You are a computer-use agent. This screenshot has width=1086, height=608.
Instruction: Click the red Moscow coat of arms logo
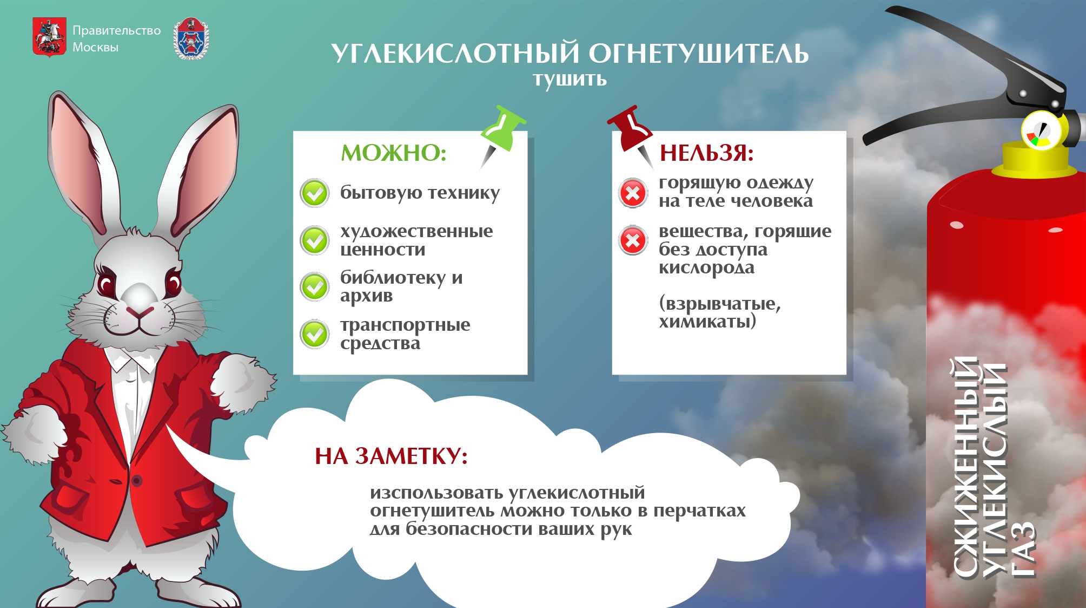(49, 37)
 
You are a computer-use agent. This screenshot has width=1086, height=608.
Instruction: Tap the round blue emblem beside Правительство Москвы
(191, 38)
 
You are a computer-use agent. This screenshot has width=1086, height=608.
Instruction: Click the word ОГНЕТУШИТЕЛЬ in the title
(698, 53)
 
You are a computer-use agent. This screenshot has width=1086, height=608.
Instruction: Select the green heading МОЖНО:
(394, 153)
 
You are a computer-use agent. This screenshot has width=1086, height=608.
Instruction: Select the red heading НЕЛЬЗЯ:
(706, 153)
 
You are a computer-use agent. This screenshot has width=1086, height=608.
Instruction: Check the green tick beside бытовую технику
(314, 193)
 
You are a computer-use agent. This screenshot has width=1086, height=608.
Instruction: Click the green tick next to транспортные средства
(314, 334)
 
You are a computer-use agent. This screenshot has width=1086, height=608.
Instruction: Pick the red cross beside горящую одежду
(633, 193)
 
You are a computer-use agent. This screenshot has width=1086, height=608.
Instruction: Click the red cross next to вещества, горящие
(633, 240)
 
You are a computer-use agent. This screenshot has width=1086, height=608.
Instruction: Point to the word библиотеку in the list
(393, 277)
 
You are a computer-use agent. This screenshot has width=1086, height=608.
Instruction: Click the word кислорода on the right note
(706, 267)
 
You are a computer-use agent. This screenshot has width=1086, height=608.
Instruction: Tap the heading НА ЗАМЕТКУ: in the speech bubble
(391, 456)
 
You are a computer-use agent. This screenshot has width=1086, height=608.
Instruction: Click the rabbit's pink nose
(140, 312)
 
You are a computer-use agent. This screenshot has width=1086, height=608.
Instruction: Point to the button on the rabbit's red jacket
(137, 480)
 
